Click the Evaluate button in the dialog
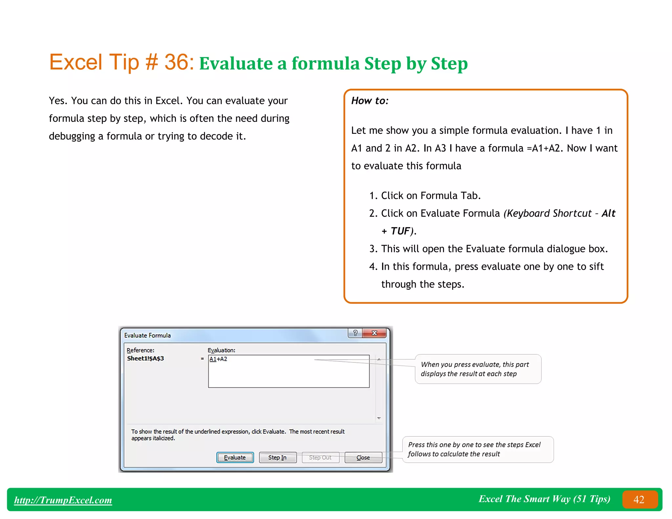tap(235, 457)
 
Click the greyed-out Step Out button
tap(320, 457)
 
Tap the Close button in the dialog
tap(363, 457)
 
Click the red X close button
tap(374, 333)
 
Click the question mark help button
tap(355, 333)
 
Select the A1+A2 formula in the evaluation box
tap(219, 359)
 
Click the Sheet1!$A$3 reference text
tap(145, 358)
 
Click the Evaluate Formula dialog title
tap(147, 335)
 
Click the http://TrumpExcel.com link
tap(63, 500)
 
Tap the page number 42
tap(639, 500)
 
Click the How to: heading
tap(370, 101)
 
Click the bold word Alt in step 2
tap(608, 213)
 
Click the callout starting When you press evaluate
tap(478, 369)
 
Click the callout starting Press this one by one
tap(478, 449)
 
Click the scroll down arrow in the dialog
tap(379, 418)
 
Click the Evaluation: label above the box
tap(221, 350)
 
